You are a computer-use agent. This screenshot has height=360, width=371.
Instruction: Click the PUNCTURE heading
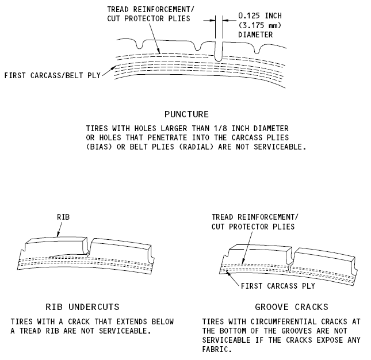(186, 114)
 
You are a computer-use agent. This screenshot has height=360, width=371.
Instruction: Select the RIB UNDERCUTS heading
(82, 307)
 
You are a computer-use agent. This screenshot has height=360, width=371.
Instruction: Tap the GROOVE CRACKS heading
(292, 307)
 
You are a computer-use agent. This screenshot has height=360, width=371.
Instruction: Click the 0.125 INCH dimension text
(260, 16)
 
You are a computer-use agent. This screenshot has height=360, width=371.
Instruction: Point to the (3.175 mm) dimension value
(260, 25)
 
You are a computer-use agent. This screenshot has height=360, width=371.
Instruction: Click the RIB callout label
(63, 217)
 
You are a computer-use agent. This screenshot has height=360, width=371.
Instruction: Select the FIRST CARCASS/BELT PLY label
(52, 75)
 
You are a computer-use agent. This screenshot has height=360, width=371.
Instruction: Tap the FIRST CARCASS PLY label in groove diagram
(278, 286)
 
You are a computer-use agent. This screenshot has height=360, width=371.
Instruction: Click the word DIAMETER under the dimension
(255, 35)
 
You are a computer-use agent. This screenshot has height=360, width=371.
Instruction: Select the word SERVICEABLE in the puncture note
(280, 147)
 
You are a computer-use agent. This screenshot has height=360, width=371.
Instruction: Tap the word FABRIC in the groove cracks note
(217, 349)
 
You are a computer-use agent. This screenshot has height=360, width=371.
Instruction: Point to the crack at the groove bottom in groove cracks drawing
(290, 267)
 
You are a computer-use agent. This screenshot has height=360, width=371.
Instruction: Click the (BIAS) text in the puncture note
(99, 147)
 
